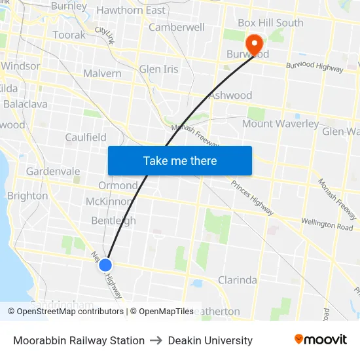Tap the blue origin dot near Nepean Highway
(105, 264)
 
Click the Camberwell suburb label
(177, 27)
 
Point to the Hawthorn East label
(131, 10)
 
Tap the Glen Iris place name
(158, 69)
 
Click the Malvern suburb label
(102, 73)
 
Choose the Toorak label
(69, 35)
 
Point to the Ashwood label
(230, 96)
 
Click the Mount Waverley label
(281, 124)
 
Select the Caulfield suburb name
(86, 137)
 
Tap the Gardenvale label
(53, 171)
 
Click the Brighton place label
(27, 196)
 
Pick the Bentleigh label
(113, 221)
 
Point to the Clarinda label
(237, 280)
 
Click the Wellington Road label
(327, 225)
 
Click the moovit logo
(321, 340)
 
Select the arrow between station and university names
(156, 340)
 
